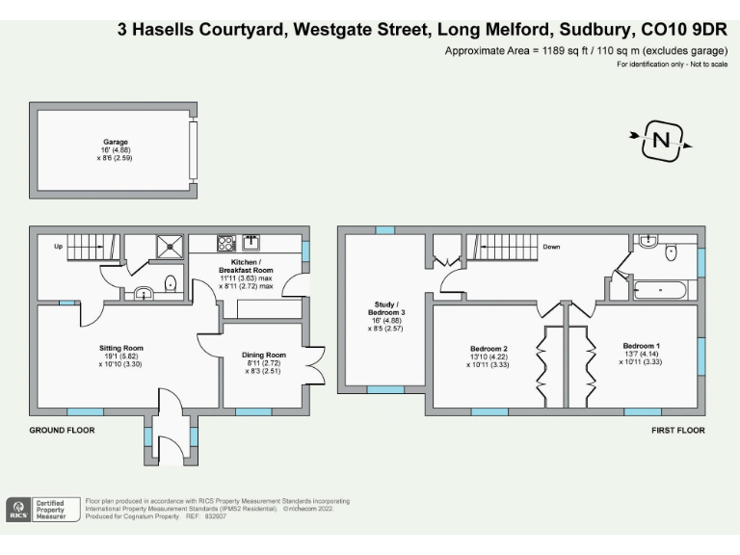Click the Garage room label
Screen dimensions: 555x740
coord(117,142)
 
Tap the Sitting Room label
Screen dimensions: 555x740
coord(121,348)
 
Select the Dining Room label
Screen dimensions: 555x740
coord(264,355)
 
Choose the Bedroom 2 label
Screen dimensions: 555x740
coord(489,348)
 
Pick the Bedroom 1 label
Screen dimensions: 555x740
coord(641,345)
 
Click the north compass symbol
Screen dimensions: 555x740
coord(661,142)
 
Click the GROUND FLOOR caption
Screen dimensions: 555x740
coord(62,430)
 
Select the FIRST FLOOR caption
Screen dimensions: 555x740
coord(678,430)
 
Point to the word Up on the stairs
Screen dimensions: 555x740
coord(58,246)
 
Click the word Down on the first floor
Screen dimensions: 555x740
coord(551,247)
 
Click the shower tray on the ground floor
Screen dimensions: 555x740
coord(170,246)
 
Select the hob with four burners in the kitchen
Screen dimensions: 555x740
coord(226,243)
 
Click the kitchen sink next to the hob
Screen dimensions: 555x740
coord(253,242)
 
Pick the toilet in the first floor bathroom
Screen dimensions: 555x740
coord(673,251)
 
